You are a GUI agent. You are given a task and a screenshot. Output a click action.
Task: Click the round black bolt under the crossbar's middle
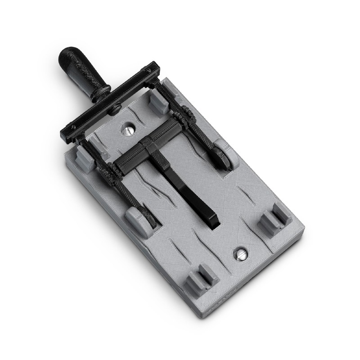click(x=117, y=107)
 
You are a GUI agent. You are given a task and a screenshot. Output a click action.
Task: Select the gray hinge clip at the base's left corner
click(x=84, y=157)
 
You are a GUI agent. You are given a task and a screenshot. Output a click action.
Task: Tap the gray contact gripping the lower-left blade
click(x=139, y=220)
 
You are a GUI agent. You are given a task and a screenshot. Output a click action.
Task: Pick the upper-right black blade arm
click(x=198, y=130)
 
